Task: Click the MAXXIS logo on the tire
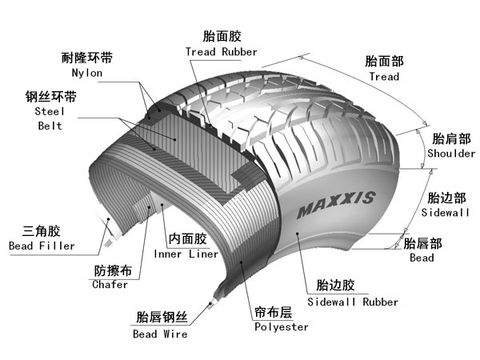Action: [x=335, y=206]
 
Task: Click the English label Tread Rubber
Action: [x=222, y=52]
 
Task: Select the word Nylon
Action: [x=87, y=73]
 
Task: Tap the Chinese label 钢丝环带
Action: [x=51, y=98]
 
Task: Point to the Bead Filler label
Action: [x=41, y=246]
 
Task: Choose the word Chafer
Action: [x=110, y=284]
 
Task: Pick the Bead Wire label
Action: [x=160, y=334]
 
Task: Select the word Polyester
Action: [x=281, y=327]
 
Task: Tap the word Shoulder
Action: [x=451, y=153]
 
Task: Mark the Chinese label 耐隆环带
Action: [x=87, y=58]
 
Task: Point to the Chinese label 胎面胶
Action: [x=222, y=36]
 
